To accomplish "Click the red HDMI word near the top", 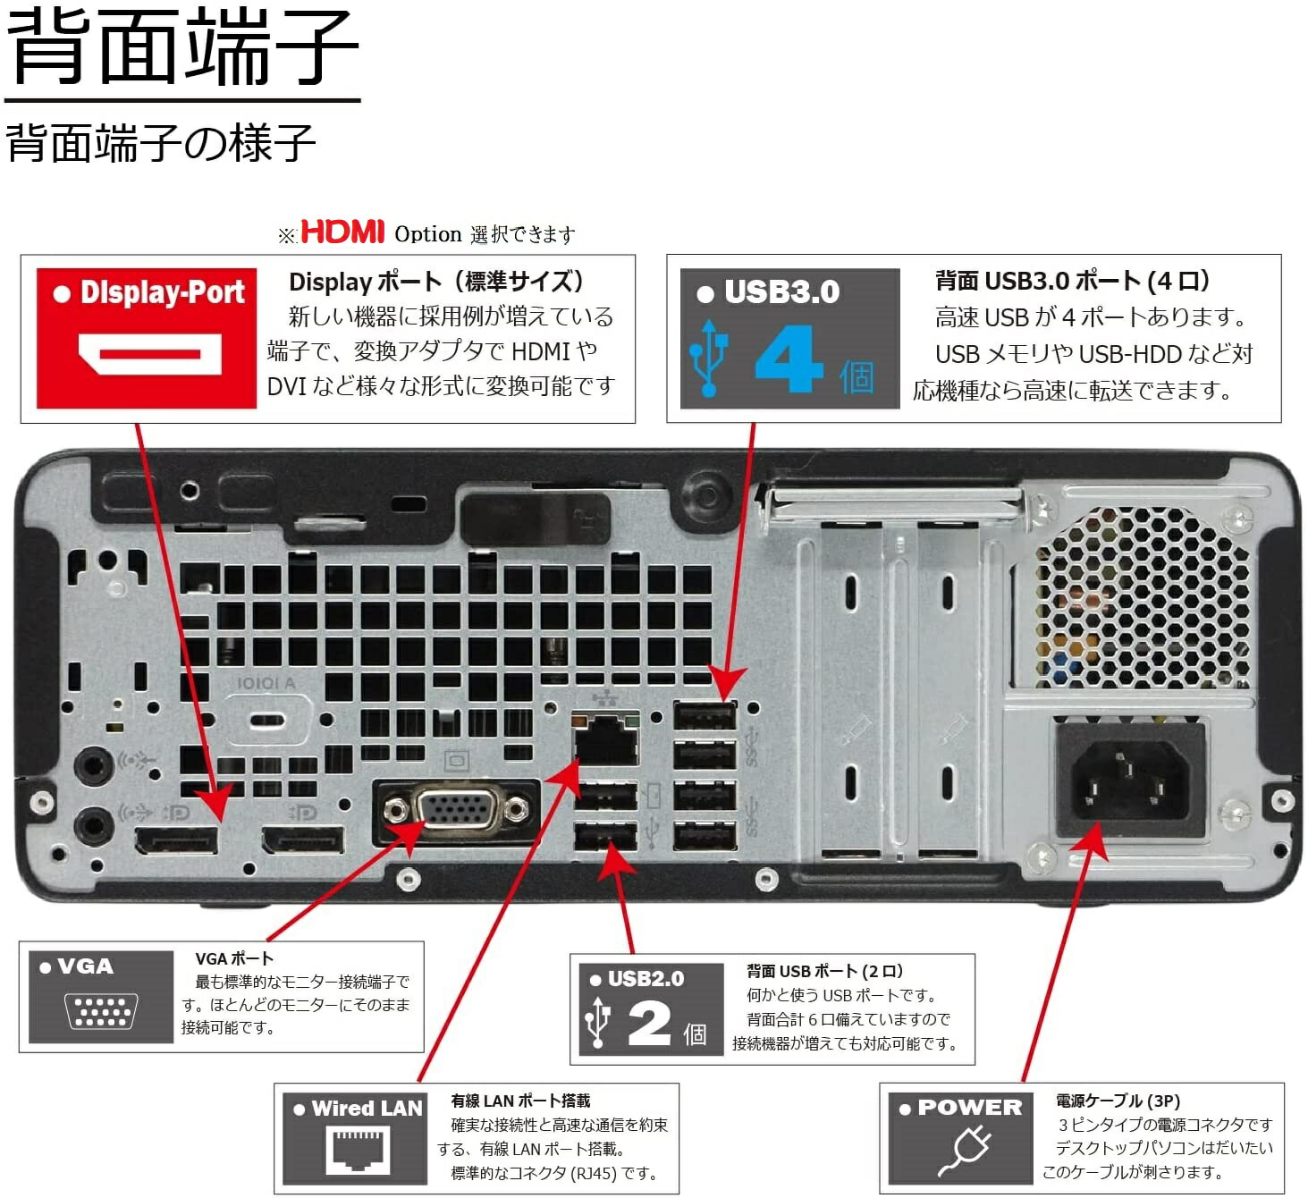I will (342, 232).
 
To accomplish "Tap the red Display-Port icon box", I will (147, 339).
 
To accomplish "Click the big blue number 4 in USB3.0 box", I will (788, 359).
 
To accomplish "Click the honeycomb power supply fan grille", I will (1143, 595).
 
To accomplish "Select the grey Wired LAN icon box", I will (355, 1138).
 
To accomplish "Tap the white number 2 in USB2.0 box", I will (649, 1023).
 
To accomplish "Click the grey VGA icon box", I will (100, 997).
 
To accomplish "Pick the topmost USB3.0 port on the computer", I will (705, 716).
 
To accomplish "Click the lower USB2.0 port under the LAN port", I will (605, 837).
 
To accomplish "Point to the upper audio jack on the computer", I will (93, 765).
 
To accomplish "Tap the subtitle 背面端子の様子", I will (161, 143).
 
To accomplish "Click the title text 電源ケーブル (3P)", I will (1118, 1101).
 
